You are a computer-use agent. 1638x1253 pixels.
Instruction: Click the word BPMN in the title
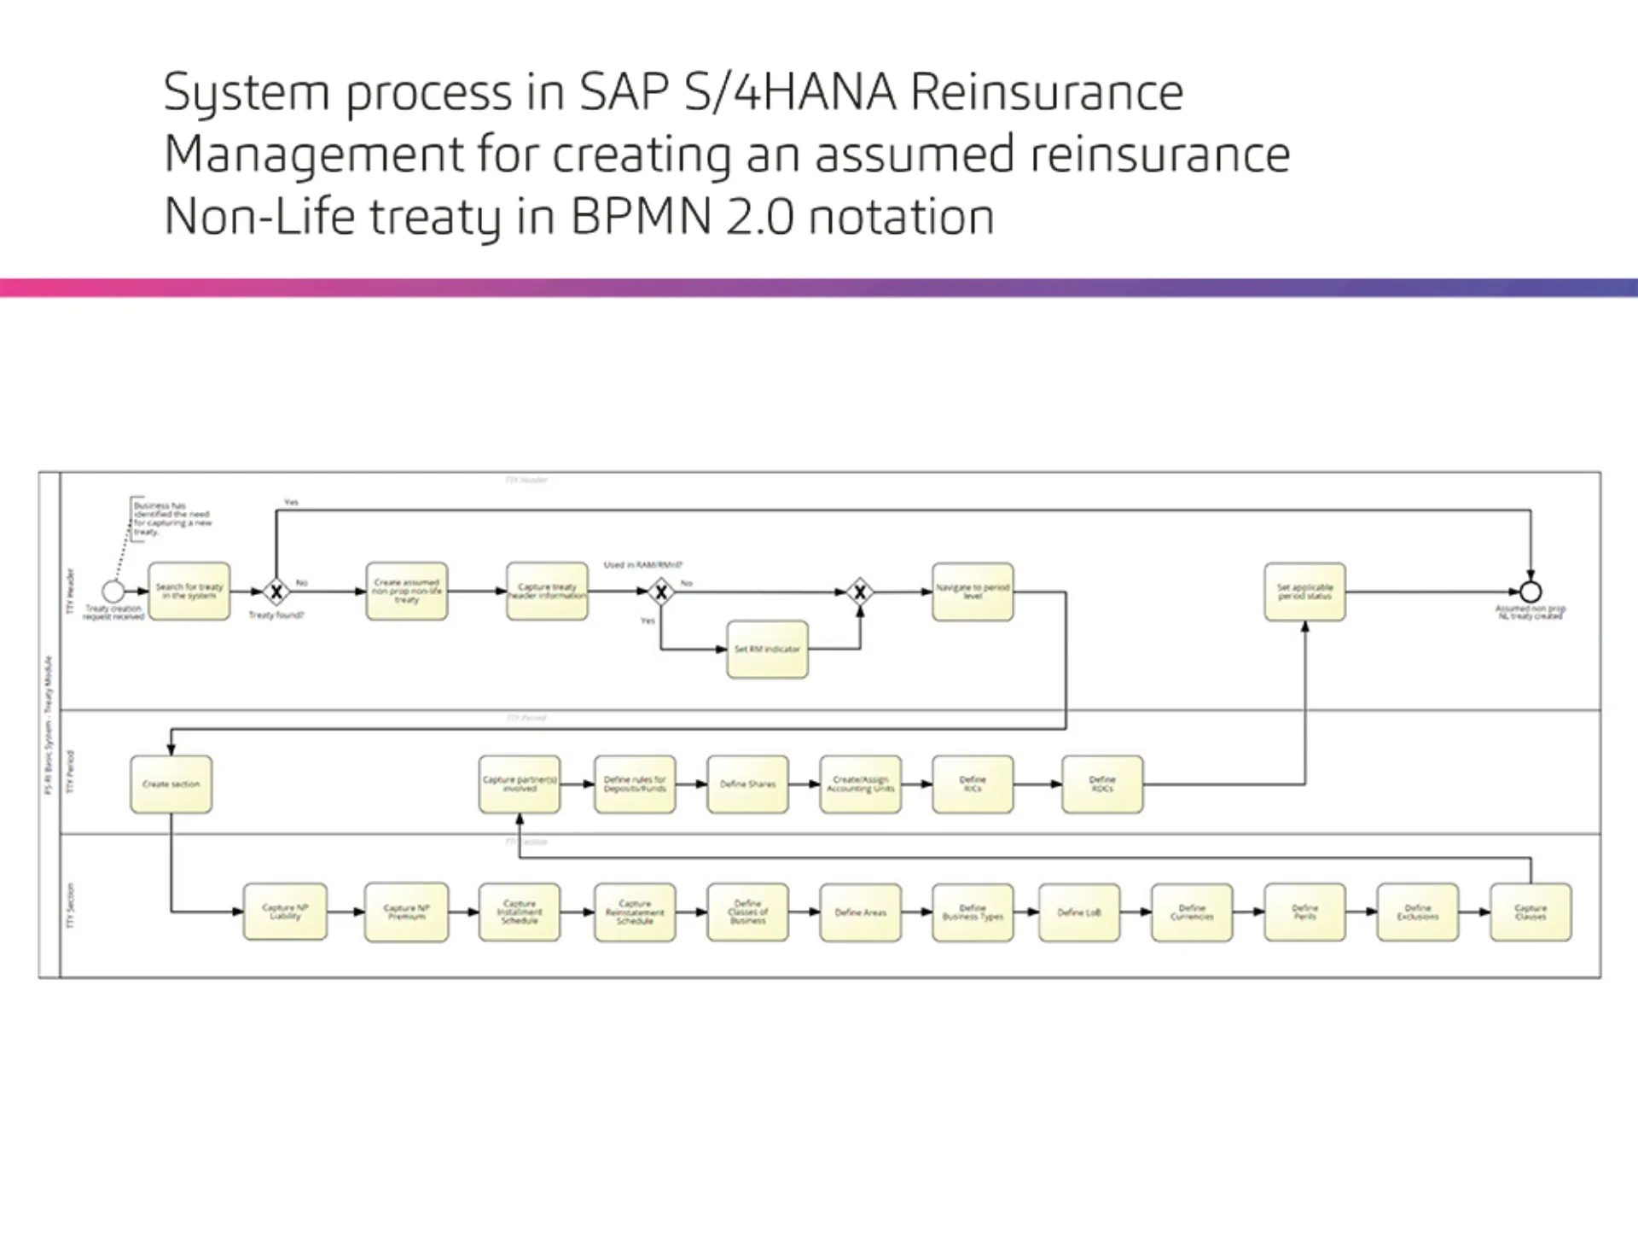641,217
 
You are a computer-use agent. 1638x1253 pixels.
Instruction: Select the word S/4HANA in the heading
790,92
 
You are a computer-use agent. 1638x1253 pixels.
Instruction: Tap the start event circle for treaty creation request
113,591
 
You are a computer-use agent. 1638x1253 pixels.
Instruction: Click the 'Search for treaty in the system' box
189,591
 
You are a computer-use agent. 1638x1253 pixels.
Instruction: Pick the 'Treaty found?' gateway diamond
276,591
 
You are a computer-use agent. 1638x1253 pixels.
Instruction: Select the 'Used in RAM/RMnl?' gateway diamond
660,591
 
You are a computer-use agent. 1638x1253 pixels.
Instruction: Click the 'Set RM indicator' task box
767,650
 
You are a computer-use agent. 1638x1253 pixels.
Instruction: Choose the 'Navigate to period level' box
973,591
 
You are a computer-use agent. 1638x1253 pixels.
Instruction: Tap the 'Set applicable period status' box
1304,591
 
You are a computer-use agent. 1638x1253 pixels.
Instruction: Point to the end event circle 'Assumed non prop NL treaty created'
1531,591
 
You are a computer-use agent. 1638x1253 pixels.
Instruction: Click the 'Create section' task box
171,784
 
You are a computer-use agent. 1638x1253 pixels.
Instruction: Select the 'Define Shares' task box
747,784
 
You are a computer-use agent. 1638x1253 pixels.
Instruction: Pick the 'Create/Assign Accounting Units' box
860,784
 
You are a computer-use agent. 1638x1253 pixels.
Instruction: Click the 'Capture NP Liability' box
285,912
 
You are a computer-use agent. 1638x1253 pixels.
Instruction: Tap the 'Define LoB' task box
1079,912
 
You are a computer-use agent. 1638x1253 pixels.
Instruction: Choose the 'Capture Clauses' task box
1531,912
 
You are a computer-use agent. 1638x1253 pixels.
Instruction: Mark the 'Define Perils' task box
1304,912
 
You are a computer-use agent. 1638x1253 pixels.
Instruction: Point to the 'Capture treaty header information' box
547,591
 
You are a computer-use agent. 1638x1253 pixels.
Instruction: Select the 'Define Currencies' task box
1192,912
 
